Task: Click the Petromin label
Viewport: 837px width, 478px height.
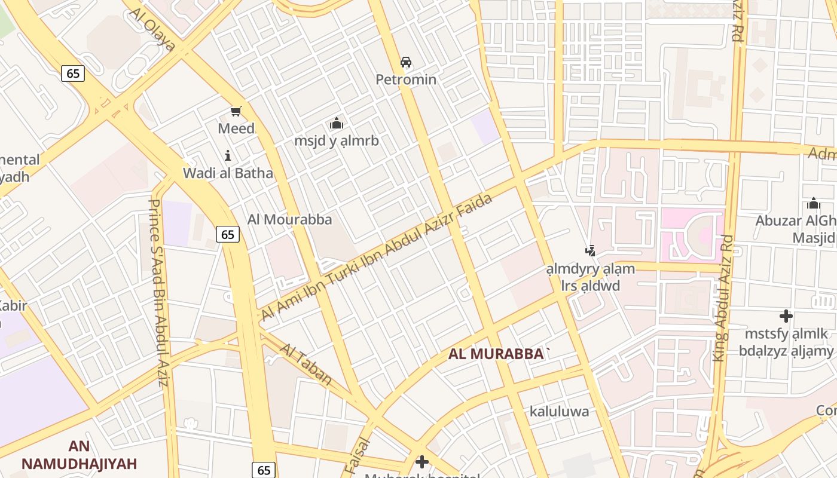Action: (x=406, y=79)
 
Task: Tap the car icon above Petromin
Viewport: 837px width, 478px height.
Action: (x=406, y=62)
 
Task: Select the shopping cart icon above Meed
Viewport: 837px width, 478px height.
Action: (x=236, y=111)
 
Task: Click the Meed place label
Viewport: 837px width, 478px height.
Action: (x=236, y=128)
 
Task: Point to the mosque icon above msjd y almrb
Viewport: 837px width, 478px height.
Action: (x=336, y=123)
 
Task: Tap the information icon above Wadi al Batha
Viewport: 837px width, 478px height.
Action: (x=228, y=156)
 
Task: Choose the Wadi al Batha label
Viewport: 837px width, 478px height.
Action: (x=228, y=173)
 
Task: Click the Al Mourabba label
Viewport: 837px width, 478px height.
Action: (x=290, y=219)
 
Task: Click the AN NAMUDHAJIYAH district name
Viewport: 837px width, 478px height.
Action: (x=79, y=455)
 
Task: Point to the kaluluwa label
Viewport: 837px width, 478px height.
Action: (x=559, y=411)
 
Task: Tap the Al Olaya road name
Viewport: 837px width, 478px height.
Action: (x=152, y=29)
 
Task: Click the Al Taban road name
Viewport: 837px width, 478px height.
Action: (x=306, y=364)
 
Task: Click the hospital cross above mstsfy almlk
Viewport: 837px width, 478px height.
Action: (x=786, y=315)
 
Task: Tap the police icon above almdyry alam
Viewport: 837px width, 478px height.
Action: (x=591, y=251)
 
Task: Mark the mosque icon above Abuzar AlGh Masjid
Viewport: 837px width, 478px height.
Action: (x=814, y=203)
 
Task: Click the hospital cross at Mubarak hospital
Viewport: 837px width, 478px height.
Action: (x=422, y=461)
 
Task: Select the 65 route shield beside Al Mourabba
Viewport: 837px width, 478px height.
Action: (x=228, y=235)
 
